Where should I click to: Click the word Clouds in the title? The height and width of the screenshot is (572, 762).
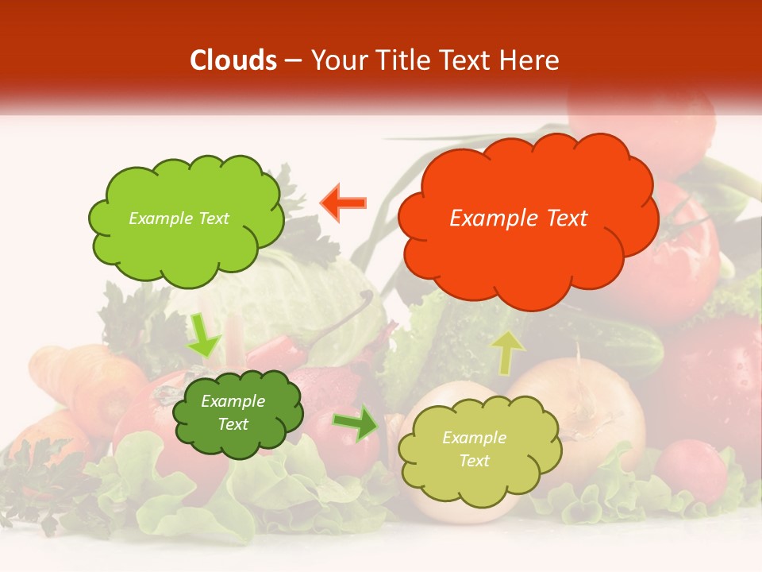[233, 60]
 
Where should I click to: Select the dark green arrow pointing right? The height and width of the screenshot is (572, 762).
[356, 423]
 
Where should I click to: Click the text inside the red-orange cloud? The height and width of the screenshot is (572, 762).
[518, 218]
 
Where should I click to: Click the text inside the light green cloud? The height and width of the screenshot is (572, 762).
[179, 218]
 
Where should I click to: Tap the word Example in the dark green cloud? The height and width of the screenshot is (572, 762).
[233, 401]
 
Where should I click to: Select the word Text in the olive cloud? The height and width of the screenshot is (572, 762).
[474, 461]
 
